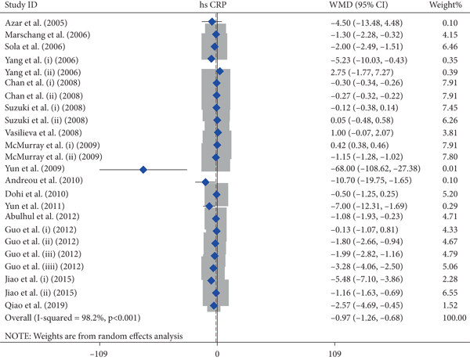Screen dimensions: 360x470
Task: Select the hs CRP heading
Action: (x=212, y=6)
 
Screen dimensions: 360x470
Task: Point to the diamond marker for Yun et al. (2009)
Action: (x=143, y=168)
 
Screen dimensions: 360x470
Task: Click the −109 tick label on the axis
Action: (x=99, y=351)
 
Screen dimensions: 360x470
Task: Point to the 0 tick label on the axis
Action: (x=217, y=351)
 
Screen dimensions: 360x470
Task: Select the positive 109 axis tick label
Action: (x=334, y=351)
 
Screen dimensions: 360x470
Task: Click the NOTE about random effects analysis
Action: (x=92, y=335)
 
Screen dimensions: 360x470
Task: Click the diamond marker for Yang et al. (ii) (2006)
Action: (x=219, y=71)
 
